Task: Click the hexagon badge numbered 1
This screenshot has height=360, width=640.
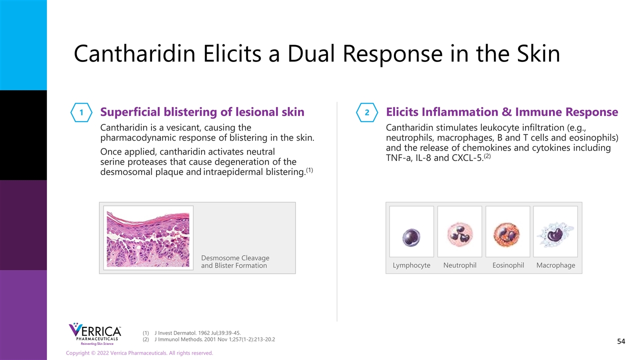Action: tap(81, 112)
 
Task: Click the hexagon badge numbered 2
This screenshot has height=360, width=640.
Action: tap(367, 112)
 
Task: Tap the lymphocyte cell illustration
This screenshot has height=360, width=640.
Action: tap(411, 237)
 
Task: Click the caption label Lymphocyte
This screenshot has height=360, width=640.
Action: tap(411, 265)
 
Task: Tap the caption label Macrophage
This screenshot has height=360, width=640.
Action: tap(555, 265)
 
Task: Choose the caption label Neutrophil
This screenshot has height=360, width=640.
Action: tap(459, 265)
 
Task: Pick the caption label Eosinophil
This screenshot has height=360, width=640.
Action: tap(508, 265)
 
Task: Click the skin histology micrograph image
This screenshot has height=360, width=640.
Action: tap(148, 239)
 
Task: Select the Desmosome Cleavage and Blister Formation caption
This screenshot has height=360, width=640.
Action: tap(235, 261)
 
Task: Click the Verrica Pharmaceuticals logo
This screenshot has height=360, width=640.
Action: tap(95, 334)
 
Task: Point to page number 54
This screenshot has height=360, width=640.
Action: tap(621, 341)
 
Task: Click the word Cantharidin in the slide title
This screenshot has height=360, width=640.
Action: tap(134, 53)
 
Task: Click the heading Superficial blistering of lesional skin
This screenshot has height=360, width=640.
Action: tap(202, 112)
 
